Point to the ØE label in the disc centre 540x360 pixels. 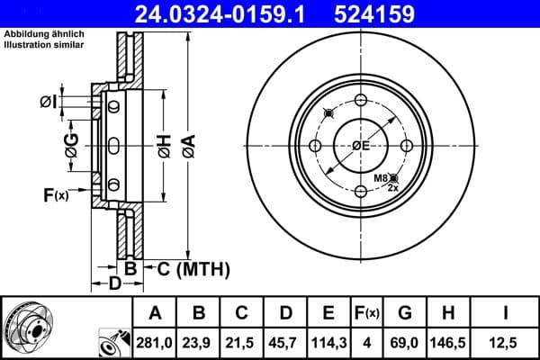pyautogui.click(x=361, y=146)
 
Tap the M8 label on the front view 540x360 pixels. pyautogui.click(x=382, y=179)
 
